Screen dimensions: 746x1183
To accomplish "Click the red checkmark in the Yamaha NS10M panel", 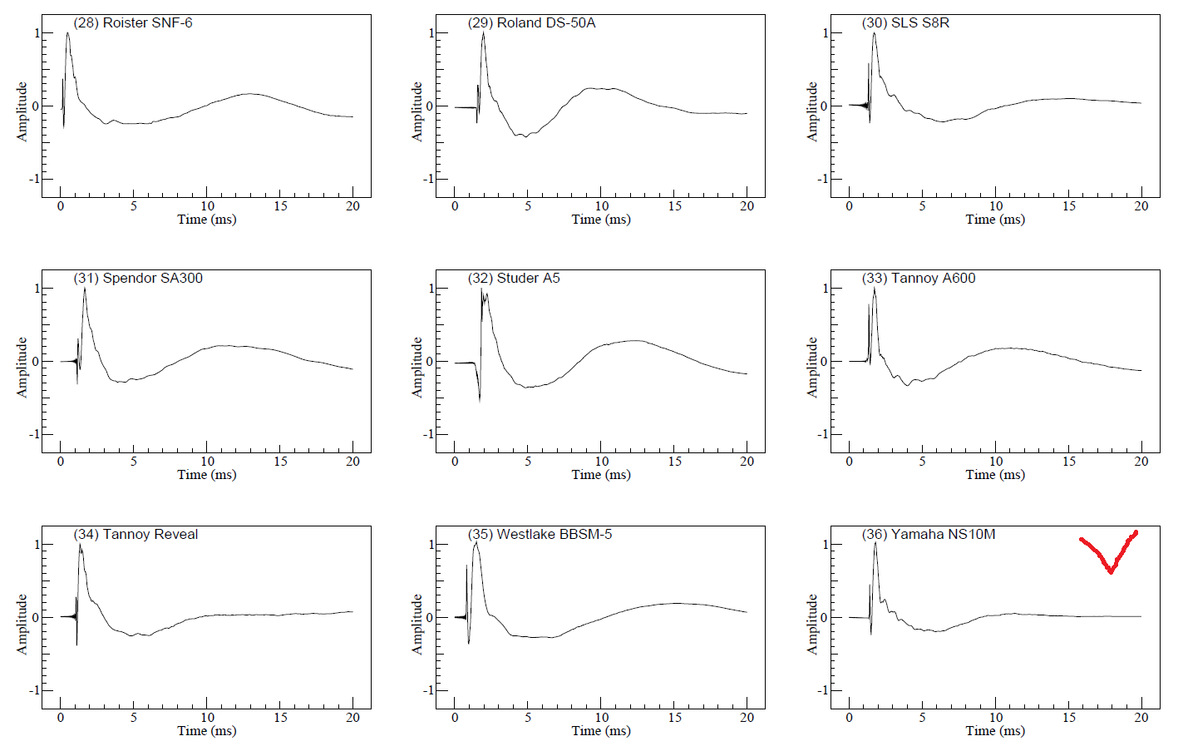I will (x=1109, y=556).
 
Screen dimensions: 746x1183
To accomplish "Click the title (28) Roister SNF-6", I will (x=133, y=23).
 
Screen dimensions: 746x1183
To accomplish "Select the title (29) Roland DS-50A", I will (x=531, y=23).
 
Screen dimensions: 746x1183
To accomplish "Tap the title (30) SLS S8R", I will (x=905, y=23).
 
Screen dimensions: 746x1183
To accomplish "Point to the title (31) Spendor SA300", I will (x=138, y=279).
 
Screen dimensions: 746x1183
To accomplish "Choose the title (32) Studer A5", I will (x=514, y=279).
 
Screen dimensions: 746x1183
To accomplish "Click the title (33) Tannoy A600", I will (x=919, y=279).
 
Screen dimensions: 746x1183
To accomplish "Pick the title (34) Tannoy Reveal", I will (x=136, y=535).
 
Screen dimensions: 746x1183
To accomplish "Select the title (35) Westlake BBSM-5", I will (x=540, y=535).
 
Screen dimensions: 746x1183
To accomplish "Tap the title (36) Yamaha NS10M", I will (x=929, y=535).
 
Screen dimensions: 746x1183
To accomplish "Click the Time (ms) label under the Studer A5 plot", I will (x=600, y=475).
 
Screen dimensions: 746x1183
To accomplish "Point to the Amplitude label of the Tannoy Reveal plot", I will (x=22, y=624).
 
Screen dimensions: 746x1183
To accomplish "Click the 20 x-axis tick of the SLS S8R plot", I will (x=1141, y=206).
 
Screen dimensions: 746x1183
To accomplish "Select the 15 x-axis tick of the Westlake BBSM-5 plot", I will (x=674, y=718).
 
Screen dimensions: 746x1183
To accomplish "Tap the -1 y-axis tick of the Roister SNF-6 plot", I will (x=33, y=179).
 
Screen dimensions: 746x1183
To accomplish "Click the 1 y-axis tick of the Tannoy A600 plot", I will (x=825, y=289).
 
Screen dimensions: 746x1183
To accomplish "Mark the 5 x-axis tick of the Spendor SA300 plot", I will (x=133, y=462).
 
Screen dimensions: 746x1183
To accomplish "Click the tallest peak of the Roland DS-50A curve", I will (x=483, y=33).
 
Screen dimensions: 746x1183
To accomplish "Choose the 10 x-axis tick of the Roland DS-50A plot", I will (x=601, y=206).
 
